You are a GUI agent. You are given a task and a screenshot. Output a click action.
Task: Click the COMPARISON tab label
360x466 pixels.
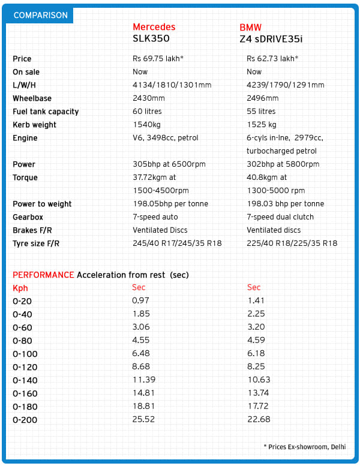coord(40,15)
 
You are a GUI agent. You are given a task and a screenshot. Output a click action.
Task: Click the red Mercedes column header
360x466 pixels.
coord(154,27)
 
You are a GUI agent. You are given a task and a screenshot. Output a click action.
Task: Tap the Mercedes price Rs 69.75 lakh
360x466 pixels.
coord(158,59)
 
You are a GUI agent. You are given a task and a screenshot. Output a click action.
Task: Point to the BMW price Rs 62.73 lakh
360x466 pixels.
coord(272,59)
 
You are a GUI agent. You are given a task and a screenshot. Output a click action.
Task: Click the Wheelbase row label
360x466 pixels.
coord(32,98)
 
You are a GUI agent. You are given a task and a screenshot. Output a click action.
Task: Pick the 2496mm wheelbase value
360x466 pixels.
coord(263,98)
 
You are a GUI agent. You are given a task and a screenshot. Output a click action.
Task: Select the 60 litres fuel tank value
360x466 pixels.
coord(147,112)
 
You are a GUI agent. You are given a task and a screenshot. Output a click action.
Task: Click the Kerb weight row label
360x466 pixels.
coord(34,125)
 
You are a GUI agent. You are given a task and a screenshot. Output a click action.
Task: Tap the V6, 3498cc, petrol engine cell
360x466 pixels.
coord(165,138)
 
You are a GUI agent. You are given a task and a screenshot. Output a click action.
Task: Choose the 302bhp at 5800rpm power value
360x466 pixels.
coord(283,164)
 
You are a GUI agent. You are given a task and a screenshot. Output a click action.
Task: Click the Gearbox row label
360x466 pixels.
coord(28,217)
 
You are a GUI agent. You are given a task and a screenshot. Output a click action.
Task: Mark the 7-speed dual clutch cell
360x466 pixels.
coord(280,217)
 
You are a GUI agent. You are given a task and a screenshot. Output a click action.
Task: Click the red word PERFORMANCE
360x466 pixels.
coord(43,275)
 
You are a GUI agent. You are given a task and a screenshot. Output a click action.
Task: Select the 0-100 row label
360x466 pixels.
coord(25,354)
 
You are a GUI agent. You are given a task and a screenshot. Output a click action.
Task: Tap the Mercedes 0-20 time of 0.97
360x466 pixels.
coord(140,301)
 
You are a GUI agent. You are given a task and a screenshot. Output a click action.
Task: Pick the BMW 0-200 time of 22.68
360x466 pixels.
coord(259,420)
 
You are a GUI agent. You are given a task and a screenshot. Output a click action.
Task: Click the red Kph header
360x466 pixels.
coord(20,288)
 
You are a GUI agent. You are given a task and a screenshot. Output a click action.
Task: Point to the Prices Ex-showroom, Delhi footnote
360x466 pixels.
coord(304,447)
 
